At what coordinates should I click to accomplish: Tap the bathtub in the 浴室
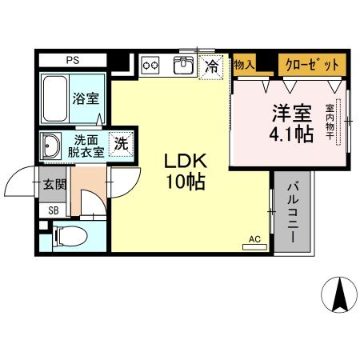tap(54, 98)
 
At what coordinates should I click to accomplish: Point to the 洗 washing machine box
tap(120, 145)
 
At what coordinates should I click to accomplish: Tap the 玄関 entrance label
tap(54, 185)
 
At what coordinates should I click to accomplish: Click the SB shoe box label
tap(54, 210)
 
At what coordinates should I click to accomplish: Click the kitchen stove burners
tap(152, 64)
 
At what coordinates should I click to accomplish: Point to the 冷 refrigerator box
tap(212, 65)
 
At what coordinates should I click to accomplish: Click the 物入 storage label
tap(244, 63)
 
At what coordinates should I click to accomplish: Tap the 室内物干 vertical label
tap(329, 123)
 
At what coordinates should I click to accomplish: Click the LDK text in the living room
tap(183, 160)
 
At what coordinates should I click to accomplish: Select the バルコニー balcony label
tap(293, 213)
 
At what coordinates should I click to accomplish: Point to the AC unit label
tap(255, 238)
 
